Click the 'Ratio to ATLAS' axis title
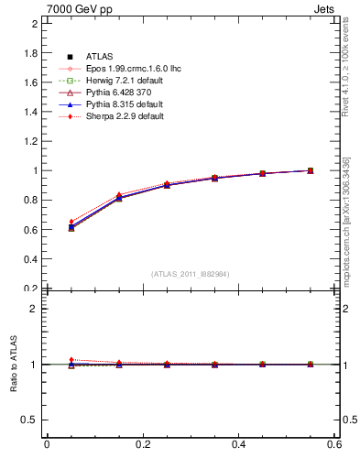click(x=13, y=364)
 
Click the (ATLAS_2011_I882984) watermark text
click(x=190, y=274)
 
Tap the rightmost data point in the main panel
click(x=311, y=170)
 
